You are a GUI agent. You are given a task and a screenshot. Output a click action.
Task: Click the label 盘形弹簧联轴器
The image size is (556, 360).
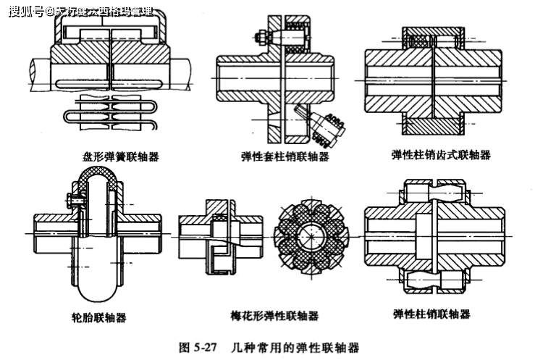pos(122,156)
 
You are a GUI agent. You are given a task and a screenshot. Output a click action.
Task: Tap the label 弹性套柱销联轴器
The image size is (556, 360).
pos(285,156)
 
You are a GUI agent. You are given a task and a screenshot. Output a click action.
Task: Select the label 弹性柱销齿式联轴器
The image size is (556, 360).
pos(441,155)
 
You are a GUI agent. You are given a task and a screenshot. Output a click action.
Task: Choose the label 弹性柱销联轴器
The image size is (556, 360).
pos(431,314)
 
